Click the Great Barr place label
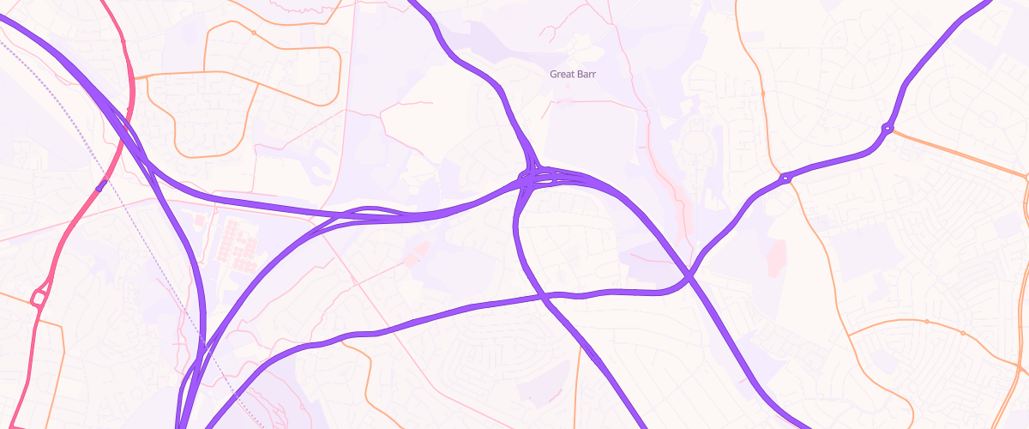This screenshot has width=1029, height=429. pyautogui.click(x=573, y=75)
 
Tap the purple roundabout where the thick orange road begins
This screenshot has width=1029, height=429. pyautogui.click(x=888, y=129)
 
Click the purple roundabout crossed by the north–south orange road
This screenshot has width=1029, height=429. pyautogui.click(x=785, y=178)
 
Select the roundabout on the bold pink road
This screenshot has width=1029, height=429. pyautogui.click(x=39, y=299)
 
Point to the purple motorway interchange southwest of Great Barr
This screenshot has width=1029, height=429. pyautogui.click(x=536, y=177)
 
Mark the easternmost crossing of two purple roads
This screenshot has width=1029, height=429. pyautogui.click(x=689, y=275)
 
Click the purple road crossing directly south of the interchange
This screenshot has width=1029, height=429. pyautogui.click(x=545, y=297)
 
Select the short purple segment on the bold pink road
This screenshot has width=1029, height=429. pyautogui.click(x=100, y=185)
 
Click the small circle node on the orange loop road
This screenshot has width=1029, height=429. pyautogui.click(x=254, y=33)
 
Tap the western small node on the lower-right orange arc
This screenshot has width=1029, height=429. pyautogui.click(x=927, y=321)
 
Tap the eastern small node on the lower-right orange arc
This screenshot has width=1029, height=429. pyautogui.click(x=963, y=333)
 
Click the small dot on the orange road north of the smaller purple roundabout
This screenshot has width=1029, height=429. pyautogui.click(x=762, y=92)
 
